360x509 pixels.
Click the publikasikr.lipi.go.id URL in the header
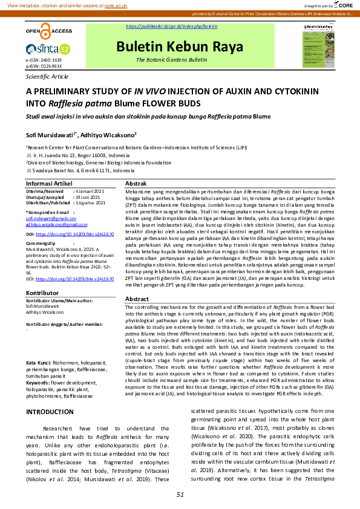(x=171, y=27)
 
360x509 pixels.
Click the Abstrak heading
(x=136, y=183)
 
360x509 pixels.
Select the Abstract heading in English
(x=137, y=299)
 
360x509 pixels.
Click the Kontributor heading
(x=42, y=292)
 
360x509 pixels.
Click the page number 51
(x=180, y=495)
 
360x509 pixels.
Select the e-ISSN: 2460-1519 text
(x=44, y=61)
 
